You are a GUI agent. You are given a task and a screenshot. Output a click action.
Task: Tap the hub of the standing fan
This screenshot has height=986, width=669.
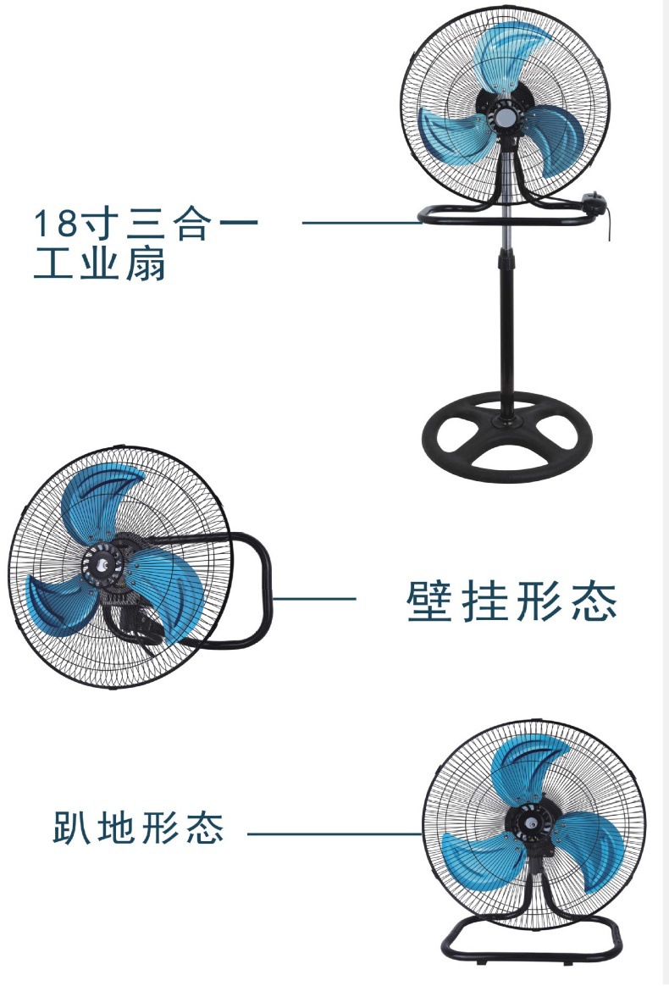coord(506,117)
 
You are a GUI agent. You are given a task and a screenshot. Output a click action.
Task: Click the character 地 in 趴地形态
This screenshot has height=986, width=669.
coord(116,827)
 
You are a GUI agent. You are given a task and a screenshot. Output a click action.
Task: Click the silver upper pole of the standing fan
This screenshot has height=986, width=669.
coord(508,235)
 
